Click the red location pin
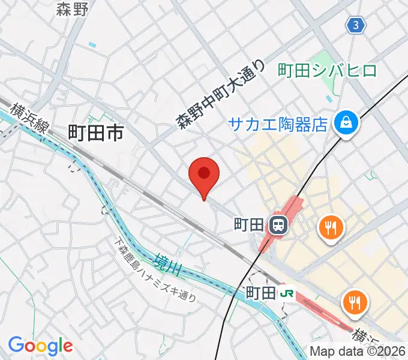pos(204,175)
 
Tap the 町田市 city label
pos(96,133)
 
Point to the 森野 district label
pos(72,9)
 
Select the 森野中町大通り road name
pos(220,94)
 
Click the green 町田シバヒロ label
pos(328,71)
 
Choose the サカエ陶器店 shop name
pos(280,124)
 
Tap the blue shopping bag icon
pos(347,124)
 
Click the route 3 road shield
pos(356,25)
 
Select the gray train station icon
pos(278,226)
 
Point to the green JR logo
pos(287,293)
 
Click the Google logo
pos(40,346)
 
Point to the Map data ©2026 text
pos(358,351)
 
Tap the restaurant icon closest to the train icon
pos(331,226)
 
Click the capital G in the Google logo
pos(16,345)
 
